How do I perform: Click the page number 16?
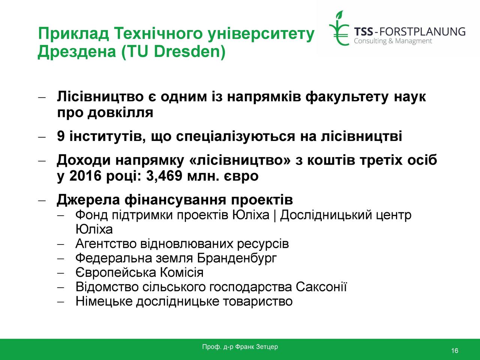pyautogui.click(x=454, y=351)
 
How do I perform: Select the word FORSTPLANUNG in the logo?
pyautogui.click(x=422, y=32)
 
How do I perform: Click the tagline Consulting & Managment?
pyautogui.click(x=393, y=41)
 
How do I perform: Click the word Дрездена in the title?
pyautogui.click(x=77, y=52)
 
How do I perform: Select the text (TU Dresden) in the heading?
pyautogui.click(x=173, y=52)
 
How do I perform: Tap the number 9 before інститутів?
pyautogui.click(x=61, y=136)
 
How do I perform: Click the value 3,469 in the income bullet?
pyautogui.click(x=164, y=176)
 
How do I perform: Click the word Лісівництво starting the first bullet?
pyautogui.click(x=100, y=97)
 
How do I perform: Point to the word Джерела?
pyautogui.click(x=88, y=200)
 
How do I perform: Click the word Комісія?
pyautogui.click(x=182, y=273)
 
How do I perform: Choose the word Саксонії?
pyautogui.click(x=321, y=287)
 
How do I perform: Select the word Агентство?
pyautogui.click(x=106, y=243)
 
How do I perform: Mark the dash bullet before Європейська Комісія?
pyautogui.click(x=61, y=273)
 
